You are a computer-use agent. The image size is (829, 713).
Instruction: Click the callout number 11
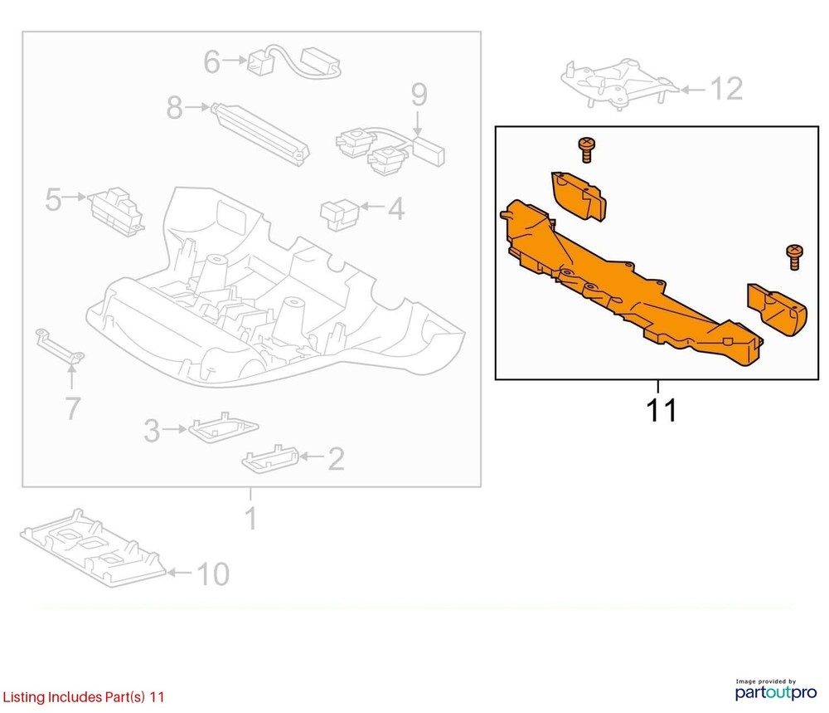[x=661, y=410]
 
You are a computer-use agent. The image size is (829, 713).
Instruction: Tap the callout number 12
[x=726, y=88]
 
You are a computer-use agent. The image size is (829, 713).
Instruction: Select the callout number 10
[x=213, y=574]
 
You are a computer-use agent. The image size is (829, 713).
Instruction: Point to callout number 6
[x=212, y=62]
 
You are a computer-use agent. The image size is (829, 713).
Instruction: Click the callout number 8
[x=174, y=107]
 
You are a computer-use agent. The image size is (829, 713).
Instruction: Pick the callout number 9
[x=419, y=95]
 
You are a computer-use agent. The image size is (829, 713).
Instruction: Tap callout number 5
[x=53, y=199]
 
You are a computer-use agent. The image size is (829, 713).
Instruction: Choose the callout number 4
[x=396, y=208]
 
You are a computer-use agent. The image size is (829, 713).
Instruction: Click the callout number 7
[x=72, y=408]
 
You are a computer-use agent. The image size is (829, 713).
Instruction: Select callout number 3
[x=152, y=431]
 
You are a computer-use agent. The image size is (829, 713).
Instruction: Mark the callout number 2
[x=337, y=459]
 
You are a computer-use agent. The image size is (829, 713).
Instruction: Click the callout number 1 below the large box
[x=251, y=518]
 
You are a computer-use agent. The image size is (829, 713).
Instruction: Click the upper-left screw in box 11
[x=586, y=149]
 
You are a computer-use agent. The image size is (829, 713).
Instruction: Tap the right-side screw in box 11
[x=794, y=257]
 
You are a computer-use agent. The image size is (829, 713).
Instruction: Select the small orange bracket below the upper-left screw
[x=579, y=195]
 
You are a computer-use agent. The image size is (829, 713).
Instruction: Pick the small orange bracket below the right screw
[x=776, y=310]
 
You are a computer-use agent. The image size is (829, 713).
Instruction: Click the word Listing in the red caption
[x=24, y=697]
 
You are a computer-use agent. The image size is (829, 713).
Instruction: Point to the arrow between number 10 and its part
[x=179, y=573]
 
